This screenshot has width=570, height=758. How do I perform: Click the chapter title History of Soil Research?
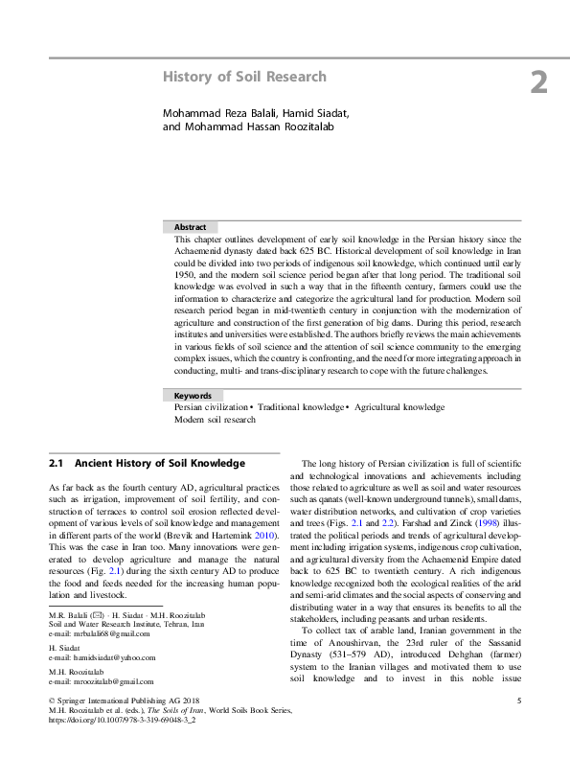tap(245, 77)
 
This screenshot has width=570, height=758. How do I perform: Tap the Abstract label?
tap(190, 227)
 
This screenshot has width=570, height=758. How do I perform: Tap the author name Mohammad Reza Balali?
tap(217, 114)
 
